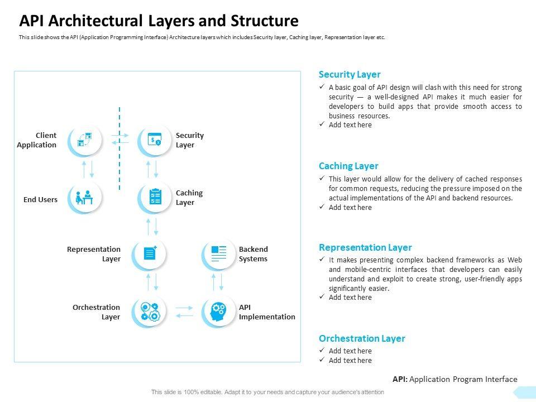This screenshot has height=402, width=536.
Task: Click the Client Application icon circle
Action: click(85, 140)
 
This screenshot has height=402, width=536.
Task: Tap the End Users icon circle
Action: click(85, 198)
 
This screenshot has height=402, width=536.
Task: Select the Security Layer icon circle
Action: click(155, 140)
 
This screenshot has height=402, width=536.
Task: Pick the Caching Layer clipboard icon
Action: click(155, 197)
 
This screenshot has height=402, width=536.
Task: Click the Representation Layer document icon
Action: click(150, 253)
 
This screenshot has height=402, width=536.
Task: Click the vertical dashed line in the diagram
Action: click(119, 148)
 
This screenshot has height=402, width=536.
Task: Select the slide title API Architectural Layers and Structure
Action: click(159, 21)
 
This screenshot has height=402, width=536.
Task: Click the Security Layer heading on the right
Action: click(350, 74)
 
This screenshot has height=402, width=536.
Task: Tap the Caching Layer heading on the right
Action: click(348, 166)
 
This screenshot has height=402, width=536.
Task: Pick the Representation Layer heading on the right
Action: click(365, 247)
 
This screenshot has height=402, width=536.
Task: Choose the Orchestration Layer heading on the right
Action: click(362, 338)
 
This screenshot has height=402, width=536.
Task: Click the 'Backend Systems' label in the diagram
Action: click(253, 254)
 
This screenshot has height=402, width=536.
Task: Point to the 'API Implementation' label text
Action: click(267, 312)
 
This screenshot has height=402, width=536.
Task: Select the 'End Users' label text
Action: click(40, 199)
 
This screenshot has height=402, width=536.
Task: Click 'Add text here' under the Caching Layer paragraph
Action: click(350, 208)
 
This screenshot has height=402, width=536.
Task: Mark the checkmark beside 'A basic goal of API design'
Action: click(322, 88)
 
